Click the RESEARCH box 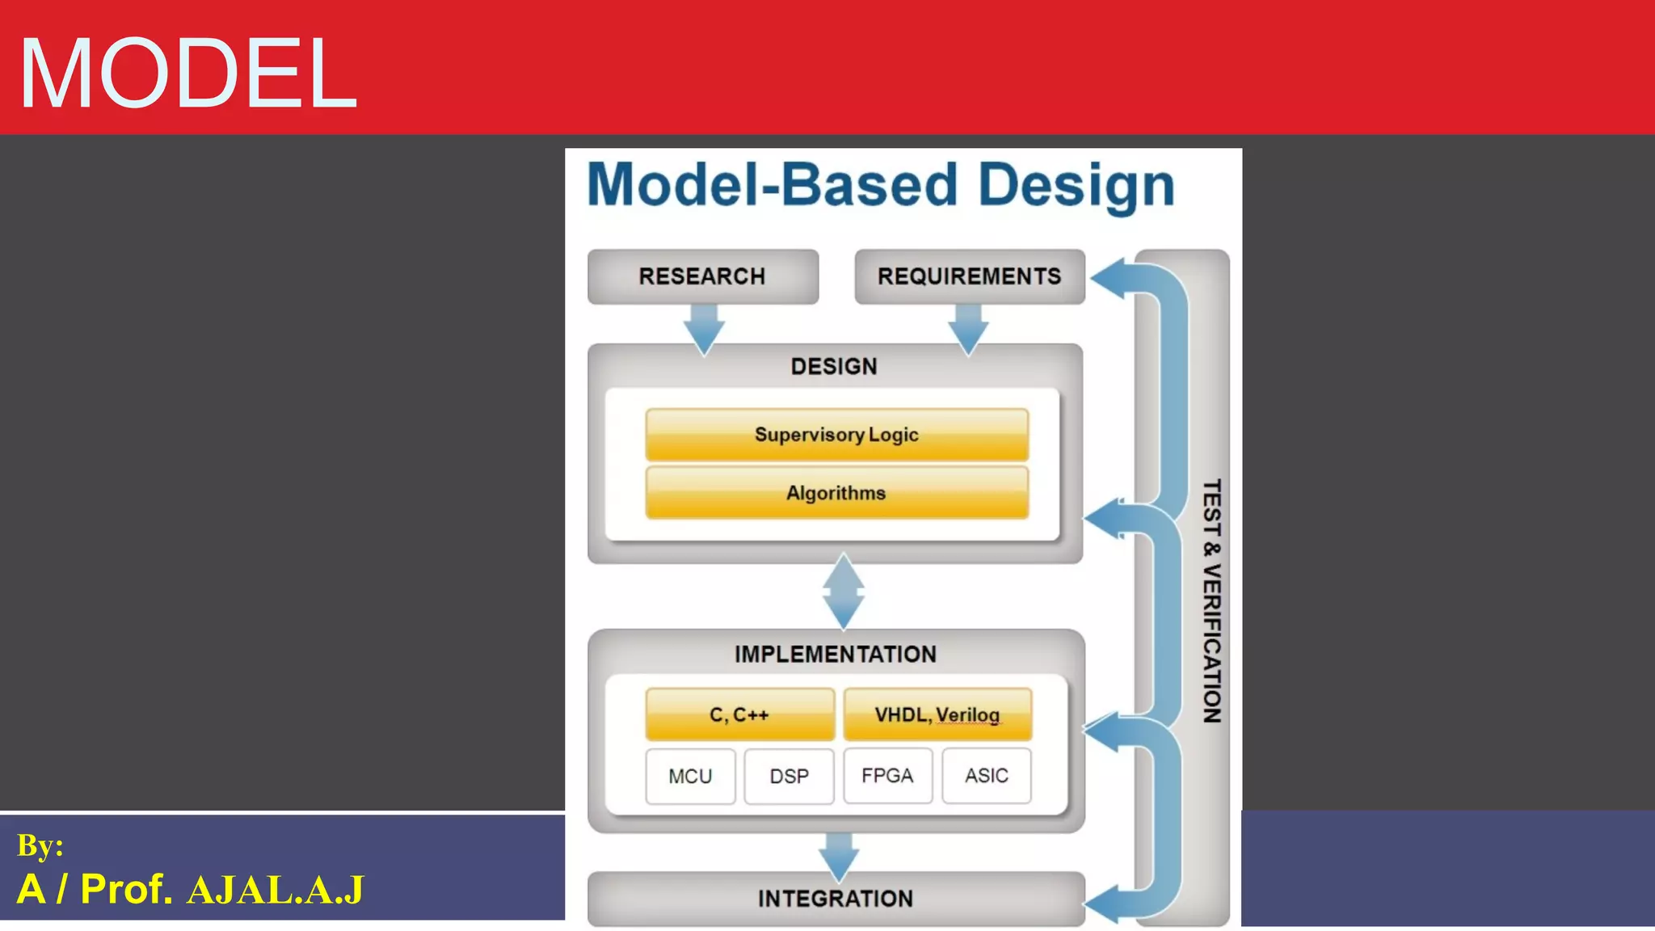coord(702,276)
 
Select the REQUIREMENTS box coord(969,276)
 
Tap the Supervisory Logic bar coord(836,435)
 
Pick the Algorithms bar coord(836,493)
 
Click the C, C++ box coord(739,714)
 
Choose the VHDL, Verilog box coord(937,714)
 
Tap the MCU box coord(690,776)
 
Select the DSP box coord(789,776)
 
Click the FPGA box coord(887,776)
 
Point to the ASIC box coord(986,776)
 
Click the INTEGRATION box coord(836,899)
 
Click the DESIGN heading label coord(834,367)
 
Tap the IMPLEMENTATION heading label coord(836,654)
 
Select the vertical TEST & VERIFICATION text coord(1211,601)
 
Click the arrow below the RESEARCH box coord(704,328)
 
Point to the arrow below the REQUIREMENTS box coord(968,328)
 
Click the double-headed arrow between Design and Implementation coord(844,592)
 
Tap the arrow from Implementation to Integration coord(839,855)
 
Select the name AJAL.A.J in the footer coord(275,891)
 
